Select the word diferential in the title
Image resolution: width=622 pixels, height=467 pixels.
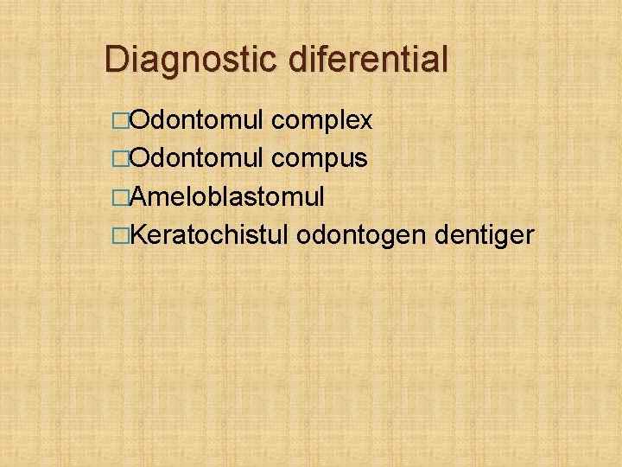point(369,61)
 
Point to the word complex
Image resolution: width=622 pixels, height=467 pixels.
point(321,121)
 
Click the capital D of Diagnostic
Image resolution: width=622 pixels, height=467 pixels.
point(116,61)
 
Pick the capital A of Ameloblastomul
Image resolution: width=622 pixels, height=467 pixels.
point(136,196)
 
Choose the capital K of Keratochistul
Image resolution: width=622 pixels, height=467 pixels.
point(136,234)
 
